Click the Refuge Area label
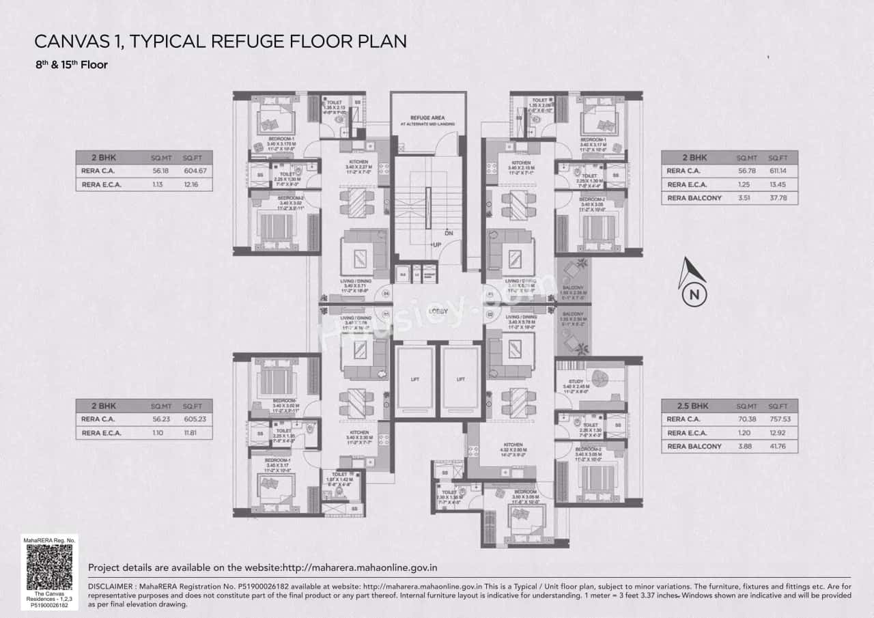click(427, 117)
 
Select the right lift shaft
click(460, 379)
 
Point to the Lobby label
click(438, 311)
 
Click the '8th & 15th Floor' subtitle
click(72, 66)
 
